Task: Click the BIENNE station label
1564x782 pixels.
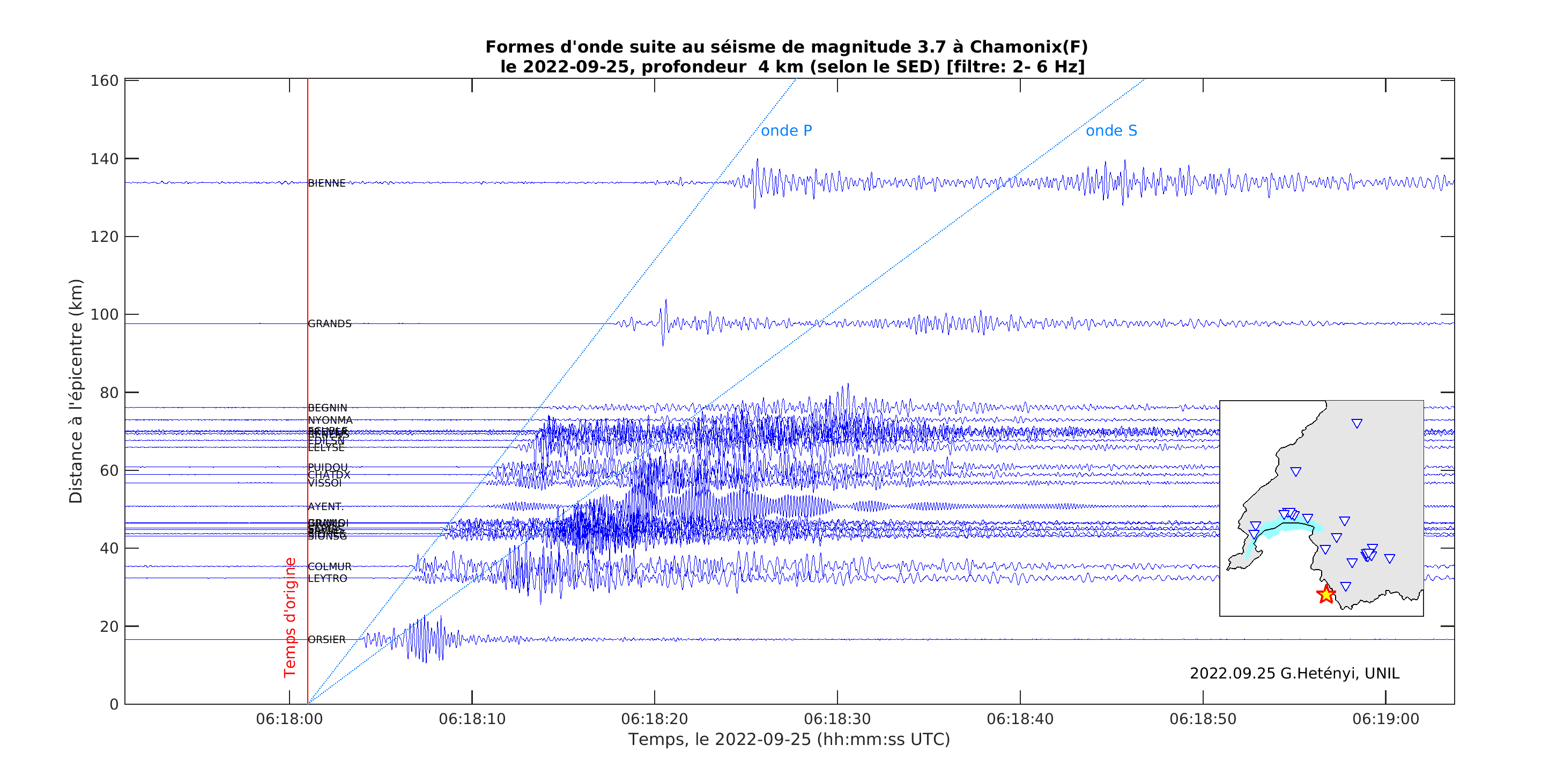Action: (x=327, y=183)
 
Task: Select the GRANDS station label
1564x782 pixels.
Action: (x=330, y=323)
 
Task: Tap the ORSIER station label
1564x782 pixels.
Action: (x=327, y=639)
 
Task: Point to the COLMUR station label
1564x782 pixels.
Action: (x=330, y=566)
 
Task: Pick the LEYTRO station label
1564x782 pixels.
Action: (x=328, y=579)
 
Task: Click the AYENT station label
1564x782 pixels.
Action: (x=325, y=506)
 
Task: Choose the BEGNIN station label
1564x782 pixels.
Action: (x=328, y=408)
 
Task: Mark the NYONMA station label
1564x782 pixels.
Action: (x=330, y=420)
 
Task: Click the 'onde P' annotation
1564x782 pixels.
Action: (x=786, y=130)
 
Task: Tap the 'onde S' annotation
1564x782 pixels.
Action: (x=1111, y=130)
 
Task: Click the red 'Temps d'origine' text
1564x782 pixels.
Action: (x=290, y=617)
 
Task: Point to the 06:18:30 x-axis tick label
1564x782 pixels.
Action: (x=837, y=719)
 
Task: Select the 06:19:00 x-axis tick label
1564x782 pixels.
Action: (x=1385, y=719)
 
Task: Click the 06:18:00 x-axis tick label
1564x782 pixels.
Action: (x=289, y=719)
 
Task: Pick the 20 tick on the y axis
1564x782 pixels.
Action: (x=109, y=626)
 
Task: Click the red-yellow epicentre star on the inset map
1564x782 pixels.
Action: (x=1326, y=594)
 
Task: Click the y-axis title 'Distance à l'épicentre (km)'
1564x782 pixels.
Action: (x=76, y=391)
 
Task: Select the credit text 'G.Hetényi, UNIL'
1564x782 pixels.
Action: (x=1339, y=673)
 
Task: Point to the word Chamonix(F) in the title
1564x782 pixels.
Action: (x=1028, y=47)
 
